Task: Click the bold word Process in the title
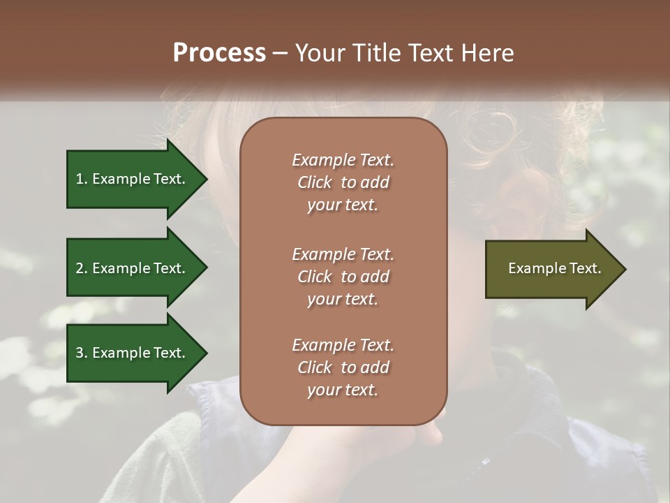point(219,53)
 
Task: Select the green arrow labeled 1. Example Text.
point(133,179)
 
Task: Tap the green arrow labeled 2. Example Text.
point(133,268)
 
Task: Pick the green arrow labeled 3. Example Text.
point(133,353)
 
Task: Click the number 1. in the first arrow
point(82,179)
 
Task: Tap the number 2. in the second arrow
point(82,268)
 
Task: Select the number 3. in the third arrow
point(82,353)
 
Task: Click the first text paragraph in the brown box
point(343,182)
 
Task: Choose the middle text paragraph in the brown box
point(343,277)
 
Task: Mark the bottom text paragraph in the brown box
point(343,367)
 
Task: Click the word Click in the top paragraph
point(314,182)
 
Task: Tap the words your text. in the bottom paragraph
point(343,390)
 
